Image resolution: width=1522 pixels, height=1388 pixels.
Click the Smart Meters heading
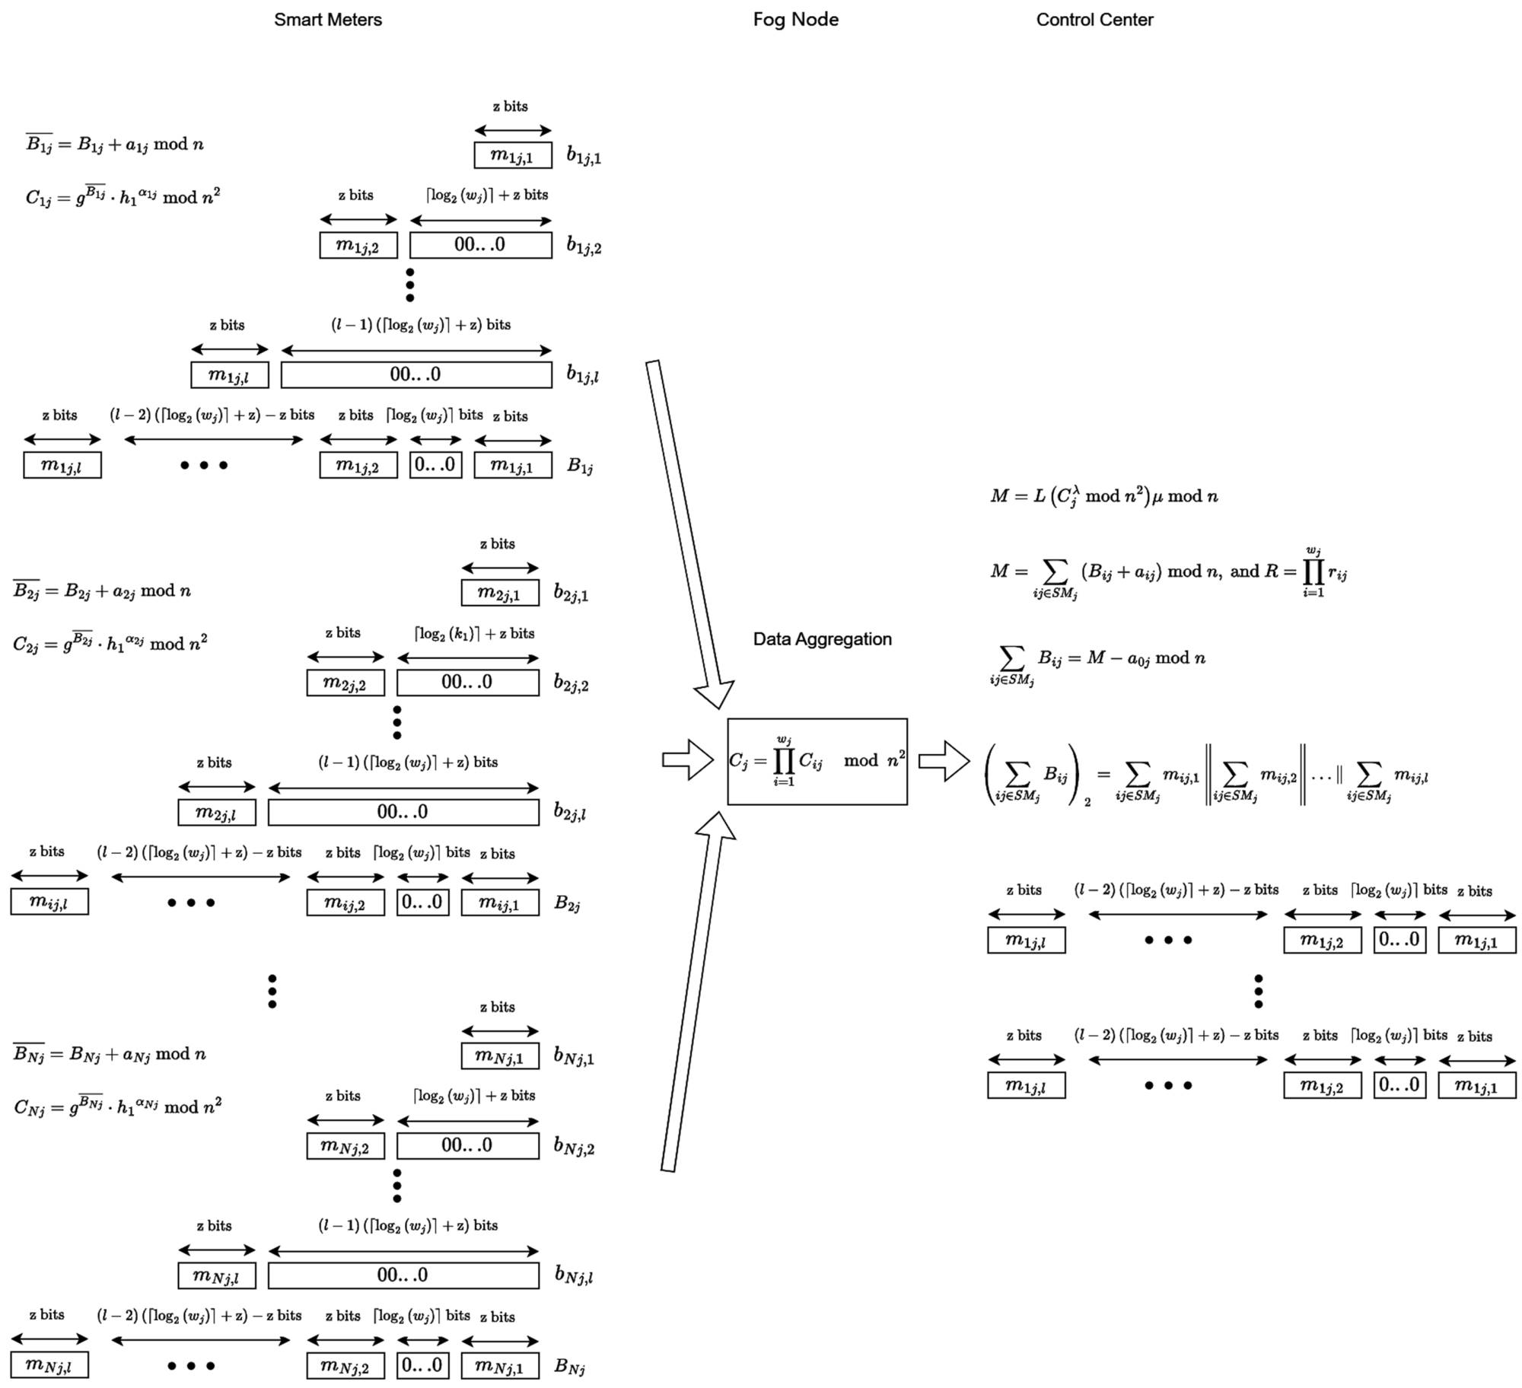point(327,20)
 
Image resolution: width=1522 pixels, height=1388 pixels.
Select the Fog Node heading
point(795,20)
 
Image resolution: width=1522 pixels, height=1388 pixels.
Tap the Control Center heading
point(1094,20)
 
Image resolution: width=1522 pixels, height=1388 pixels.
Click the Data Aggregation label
point(822,638)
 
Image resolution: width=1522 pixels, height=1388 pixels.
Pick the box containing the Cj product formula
point(817,761)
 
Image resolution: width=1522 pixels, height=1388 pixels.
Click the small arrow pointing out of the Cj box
point(943,761)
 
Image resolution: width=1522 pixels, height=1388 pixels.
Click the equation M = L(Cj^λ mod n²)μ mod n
point(1103,496)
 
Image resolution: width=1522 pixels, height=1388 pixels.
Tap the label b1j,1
point(583,156)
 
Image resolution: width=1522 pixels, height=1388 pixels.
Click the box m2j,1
point(499,593)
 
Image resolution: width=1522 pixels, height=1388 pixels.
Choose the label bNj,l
point(573,1275)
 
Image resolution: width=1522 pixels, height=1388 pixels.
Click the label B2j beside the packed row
point(567,903)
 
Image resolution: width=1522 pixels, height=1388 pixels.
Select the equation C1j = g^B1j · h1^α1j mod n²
point(123,197)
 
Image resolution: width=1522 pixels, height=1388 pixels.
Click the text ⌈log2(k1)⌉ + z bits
point(474,633)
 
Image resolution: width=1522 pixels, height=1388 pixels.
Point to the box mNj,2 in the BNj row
point(345,1365)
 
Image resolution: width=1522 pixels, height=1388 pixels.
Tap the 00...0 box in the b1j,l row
point(416,374)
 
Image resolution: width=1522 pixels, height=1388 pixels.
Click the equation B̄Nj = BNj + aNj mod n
point(110,1054)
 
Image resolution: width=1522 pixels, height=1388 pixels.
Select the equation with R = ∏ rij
point(1168,572)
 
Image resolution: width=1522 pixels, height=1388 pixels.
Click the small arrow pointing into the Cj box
point(686,759)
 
